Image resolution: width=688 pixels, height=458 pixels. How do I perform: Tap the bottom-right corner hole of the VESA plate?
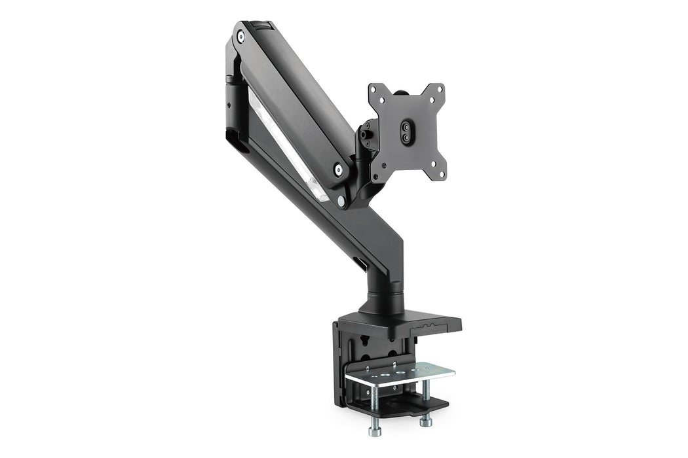click(441, 174)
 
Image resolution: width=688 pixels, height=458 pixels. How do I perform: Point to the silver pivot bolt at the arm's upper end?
click(240, 37)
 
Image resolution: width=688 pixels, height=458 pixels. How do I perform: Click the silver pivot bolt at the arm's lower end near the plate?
click(338, 170)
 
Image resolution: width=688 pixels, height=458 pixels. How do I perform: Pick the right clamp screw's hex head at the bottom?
click(426, 419)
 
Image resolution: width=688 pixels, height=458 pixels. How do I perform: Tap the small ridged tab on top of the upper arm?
click(264, 26)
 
